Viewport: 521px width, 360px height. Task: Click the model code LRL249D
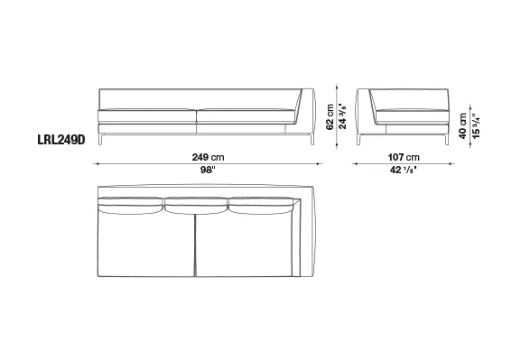(61, 140)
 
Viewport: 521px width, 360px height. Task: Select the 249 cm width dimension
(208, 157)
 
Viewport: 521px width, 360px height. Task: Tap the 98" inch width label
(208, 170)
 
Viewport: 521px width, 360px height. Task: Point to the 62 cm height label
(330, 117)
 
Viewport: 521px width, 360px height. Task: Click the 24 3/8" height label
(342, 115)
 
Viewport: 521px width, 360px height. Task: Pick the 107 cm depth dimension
(404, 157)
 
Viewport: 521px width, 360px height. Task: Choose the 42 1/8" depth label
(404, 170)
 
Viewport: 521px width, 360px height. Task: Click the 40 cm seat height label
(463, 126)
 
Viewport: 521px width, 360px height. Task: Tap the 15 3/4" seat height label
(476, 126)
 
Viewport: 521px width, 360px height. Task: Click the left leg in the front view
(100, 140)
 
